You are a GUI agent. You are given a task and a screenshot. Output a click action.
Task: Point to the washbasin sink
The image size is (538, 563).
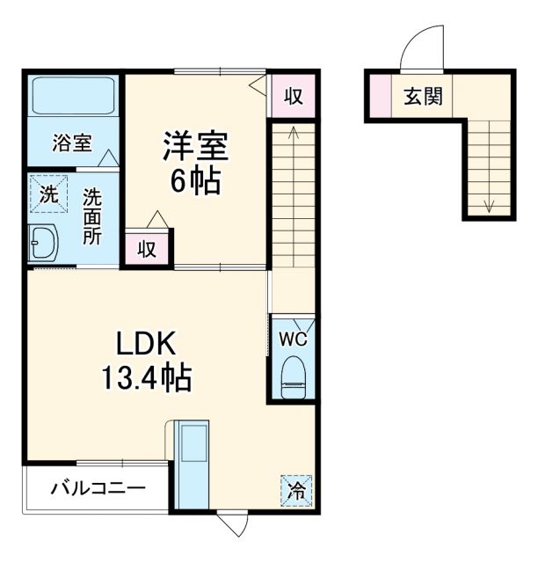(41, 242)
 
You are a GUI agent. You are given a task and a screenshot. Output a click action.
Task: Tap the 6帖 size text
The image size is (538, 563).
(194, 182)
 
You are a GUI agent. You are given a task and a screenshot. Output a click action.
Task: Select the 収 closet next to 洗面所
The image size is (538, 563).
(147, 248)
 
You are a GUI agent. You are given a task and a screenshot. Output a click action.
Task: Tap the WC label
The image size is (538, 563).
(292, 336)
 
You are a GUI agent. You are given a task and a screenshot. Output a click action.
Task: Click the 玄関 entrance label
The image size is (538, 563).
(423, 96)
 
